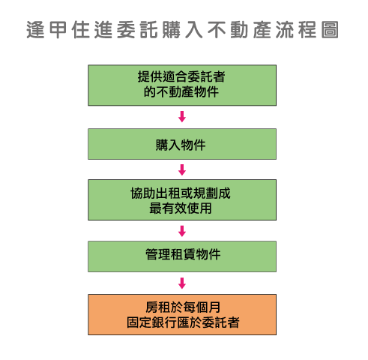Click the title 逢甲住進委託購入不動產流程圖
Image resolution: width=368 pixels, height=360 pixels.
182,30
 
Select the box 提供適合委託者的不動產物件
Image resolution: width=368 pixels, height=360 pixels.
182,85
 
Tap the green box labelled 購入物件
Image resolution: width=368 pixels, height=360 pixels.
182,144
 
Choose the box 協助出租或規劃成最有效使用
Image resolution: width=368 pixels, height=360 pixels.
182,199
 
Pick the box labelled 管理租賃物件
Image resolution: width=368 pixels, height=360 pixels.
182,256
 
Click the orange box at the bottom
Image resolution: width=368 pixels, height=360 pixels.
182,314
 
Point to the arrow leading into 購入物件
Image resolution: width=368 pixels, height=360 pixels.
182,117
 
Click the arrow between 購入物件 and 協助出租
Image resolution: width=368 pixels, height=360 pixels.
182,169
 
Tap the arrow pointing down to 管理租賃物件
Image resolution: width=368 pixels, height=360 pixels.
182,231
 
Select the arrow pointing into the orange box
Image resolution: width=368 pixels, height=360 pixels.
182,283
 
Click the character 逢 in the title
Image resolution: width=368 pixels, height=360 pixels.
35,30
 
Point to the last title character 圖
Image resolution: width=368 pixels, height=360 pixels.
330,30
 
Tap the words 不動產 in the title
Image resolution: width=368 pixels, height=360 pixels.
239,30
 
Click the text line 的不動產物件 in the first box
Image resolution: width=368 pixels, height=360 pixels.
181,91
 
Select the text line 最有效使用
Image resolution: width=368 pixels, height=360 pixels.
181,208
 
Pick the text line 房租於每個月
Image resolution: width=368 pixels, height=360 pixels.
183,307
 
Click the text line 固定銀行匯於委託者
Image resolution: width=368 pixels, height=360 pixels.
183,322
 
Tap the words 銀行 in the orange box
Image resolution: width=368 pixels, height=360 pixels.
164,322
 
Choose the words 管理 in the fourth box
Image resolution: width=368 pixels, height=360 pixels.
158,255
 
